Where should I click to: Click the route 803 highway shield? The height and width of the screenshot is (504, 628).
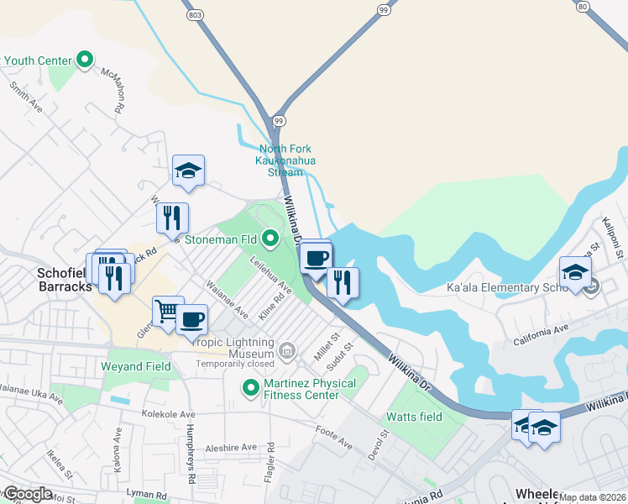196,15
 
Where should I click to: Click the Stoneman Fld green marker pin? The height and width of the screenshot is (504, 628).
270,239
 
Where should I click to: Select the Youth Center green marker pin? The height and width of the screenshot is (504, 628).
84,60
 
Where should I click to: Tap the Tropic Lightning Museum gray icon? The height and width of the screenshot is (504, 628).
287,349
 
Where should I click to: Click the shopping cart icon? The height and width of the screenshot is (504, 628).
167,312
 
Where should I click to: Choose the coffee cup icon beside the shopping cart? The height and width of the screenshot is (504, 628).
191,319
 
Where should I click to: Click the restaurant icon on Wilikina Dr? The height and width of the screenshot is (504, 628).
343,281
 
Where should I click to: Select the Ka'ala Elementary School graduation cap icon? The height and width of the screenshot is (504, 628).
575,272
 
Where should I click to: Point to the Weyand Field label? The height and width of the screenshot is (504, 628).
135,366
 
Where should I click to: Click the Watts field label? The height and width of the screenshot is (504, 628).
414,417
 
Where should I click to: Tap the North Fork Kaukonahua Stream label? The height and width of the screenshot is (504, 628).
285,160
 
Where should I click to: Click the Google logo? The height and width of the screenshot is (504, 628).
27,494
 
